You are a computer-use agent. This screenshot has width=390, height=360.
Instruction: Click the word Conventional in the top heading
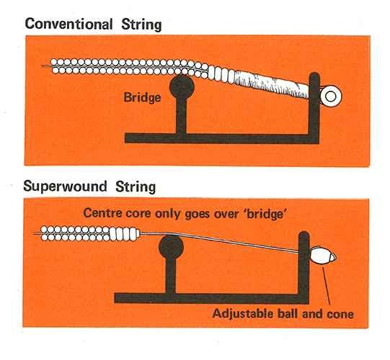pyautogui.click(x=68, y=24)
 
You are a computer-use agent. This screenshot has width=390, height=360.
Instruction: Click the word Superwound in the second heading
pyautogui.click(x=65, y=186)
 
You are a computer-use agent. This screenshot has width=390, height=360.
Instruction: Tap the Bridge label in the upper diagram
pyautogui.click(x=142, y=97)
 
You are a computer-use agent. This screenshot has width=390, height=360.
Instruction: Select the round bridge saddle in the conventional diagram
pyautogui.click(x=182, y=87)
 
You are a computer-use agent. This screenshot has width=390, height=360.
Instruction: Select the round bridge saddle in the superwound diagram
pyautogui.click(x=171, y=247)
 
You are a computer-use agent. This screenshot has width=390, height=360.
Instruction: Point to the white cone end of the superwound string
pyautogui.click(x=322, y=255)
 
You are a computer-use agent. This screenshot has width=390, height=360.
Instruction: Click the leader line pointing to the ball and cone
pyautogui.click(x=326, y=286)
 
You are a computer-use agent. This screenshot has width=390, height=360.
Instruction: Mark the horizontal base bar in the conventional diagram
pyautogui.click(x=222, y=138)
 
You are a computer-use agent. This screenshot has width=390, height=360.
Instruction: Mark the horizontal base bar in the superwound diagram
pyautogui.click(x=212, y=298)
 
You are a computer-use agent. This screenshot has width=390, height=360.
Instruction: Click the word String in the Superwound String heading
pyautogui.click(x=136, y=186)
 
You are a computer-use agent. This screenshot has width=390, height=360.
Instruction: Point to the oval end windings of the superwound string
pyautogui.click(x=125, y=234)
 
